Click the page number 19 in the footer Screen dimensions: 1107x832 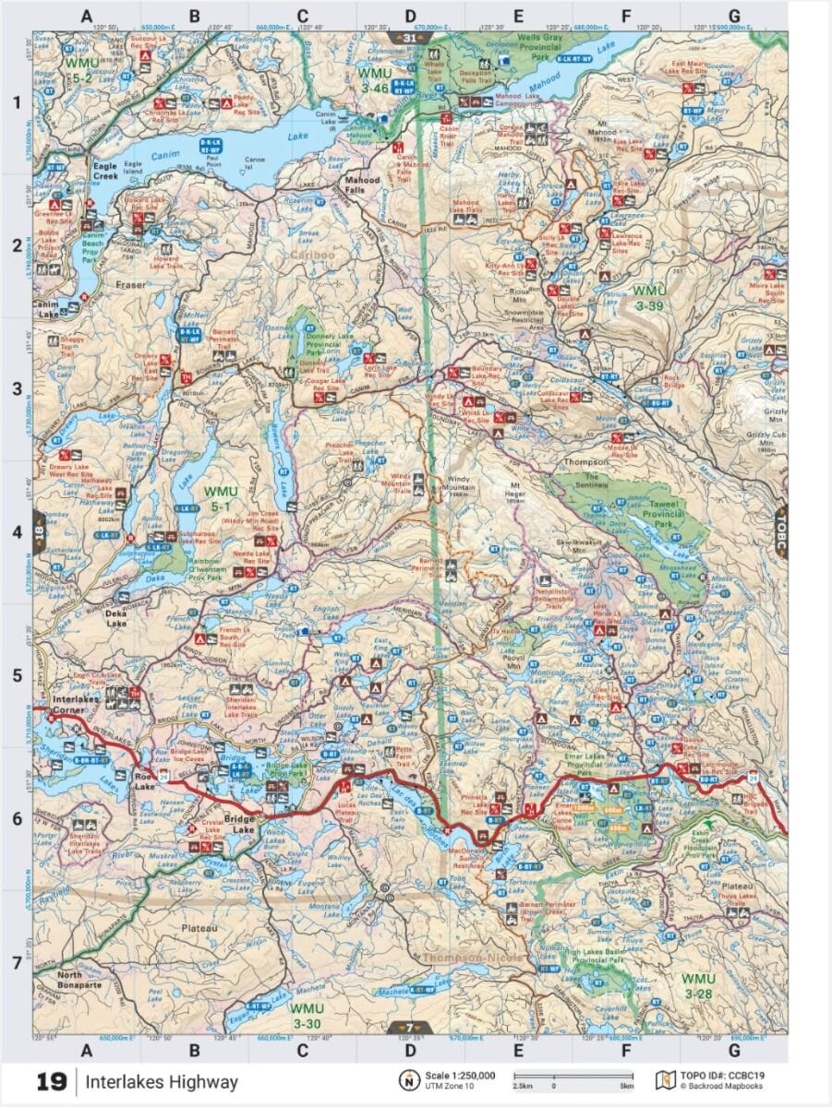click(52, 1082)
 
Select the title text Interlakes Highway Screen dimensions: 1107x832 click(163, 1082)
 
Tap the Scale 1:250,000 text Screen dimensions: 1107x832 click(460, 1076)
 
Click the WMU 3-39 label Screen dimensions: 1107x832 click(648, 297)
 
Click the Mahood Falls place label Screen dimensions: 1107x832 click(362, 184)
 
